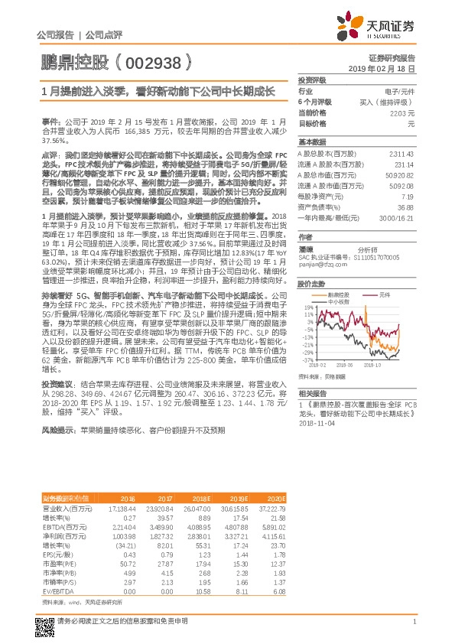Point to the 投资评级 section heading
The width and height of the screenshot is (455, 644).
click(x=312, y=80)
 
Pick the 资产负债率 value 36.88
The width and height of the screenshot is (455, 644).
click(x=405, y=207)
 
